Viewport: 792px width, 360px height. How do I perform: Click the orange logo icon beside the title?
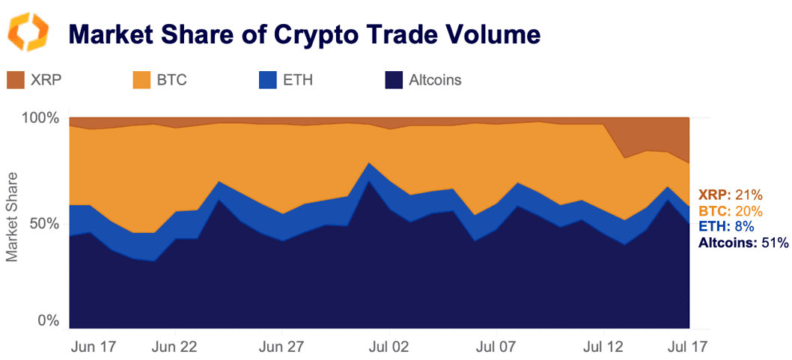[28, 33]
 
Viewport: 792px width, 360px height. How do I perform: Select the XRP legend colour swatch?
[16, 79]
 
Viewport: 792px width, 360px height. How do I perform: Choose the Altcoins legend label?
[436, 79]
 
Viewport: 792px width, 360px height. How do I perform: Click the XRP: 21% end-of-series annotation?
[730, 195]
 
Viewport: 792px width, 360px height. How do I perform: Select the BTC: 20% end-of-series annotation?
[730, 210]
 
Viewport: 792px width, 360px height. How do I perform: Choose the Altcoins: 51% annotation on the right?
[743, 242]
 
